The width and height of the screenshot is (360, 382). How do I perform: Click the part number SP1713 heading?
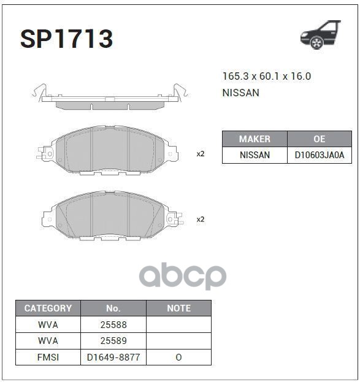tap(66, 39)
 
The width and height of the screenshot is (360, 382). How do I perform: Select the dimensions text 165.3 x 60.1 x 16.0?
tap(266, 77)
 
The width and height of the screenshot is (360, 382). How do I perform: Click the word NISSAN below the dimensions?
tap(240, 93)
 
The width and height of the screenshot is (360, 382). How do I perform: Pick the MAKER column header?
tap(254, 139)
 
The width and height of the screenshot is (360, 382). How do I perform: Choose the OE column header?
tap(319, 139)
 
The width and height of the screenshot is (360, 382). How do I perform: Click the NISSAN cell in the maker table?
tap(254, 155)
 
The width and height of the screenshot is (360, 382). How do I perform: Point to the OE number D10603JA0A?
tap(319, 155)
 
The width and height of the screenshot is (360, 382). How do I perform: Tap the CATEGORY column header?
tap(48, 308)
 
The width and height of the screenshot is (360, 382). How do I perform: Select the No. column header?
tap(113, 308)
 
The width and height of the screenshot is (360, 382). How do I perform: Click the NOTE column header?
tap(178, 308)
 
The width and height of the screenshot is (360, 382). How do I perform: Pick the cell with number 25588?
tap(113, 325)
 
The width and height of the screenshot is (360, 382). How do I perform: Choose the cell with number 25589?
tap(113, 341)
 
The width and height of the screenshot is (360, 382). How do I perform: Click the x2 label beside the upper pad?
tap(200, 154)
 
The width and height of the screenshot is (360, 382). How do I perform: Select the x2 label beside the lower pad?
tap(200, 219)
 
